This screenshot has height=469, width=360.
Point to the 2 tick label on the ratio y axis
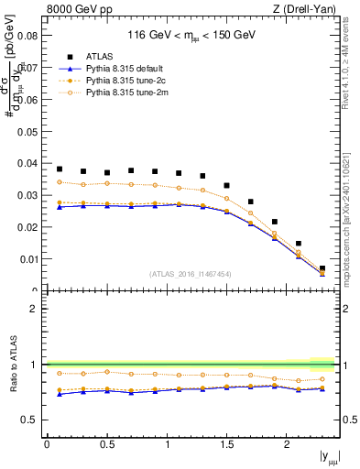(x=35, y=309)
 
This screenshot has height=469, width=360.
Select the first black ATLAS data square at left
(x=60, y=169)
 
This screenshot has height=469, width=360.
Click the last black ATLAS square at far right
(x=322, y=268)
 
